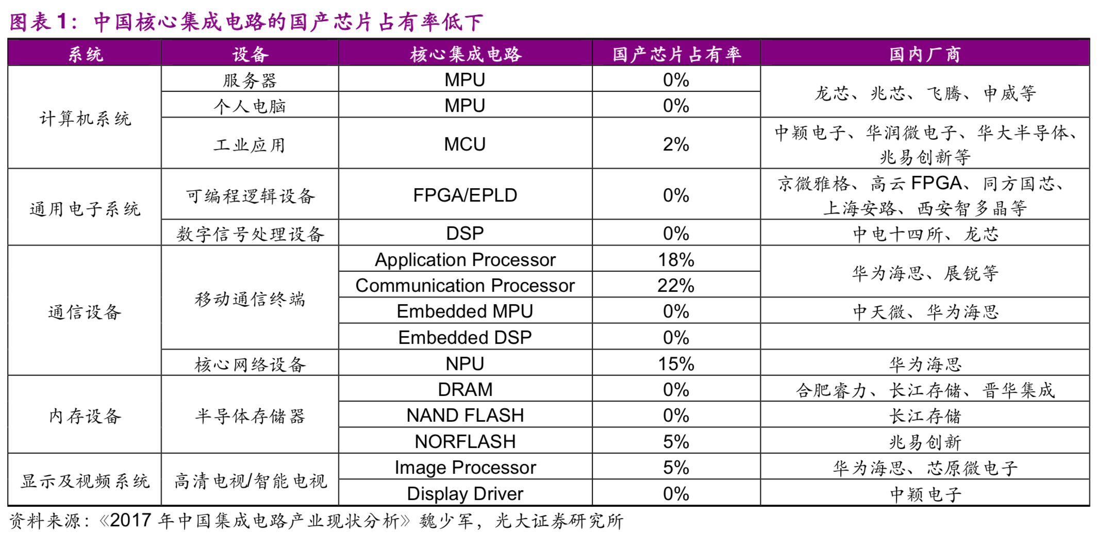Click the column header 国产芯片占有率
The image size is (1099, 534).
point(676,54)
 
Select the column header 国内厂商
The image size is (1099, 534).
point(925,54)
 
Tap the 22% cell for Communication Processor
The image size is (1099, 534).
point(676,286)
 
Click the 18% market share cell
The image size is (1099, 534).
point(676,260)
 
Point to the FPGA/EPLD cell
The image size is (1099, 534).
point(465,195)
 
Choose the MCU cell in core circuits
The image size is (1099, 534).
point(465,144)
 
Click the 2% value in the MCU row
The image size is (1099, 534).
point(676,144)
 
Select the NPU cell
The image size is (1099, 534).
point(465,364)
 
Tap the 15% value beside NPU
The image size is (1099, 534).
point(676,364)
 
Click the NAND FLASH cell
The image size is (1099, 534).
point(465,415)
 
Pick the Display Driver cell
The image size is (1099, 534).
point(465,494)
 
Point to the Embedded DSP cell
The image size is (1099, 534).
point(465,338)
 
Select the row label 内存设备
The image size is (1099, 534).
point(85,416)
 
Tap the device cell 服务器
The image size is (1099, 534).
point(250,80)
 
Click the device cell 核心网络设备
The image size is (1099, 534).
point(250,364)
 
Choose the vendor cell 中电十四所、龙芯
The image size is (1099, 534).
point(925,234)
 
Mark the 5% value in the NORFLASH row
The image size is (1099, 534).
point(676,442)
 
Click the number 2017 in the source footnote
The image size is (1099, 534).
point(131,521)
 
